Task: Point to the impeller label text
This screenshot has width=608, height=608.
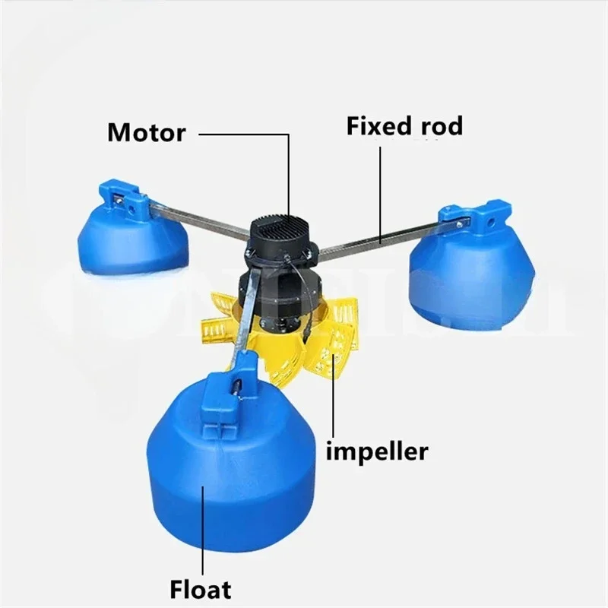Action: tap(377, 451)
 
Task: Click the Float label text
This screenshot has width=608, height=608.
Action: tap(201, 587)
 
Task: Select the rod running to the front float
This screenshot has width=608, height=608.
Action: tap(246, 319)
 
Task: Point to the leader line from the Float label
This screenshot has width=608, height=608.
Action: tap(203, 532)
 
